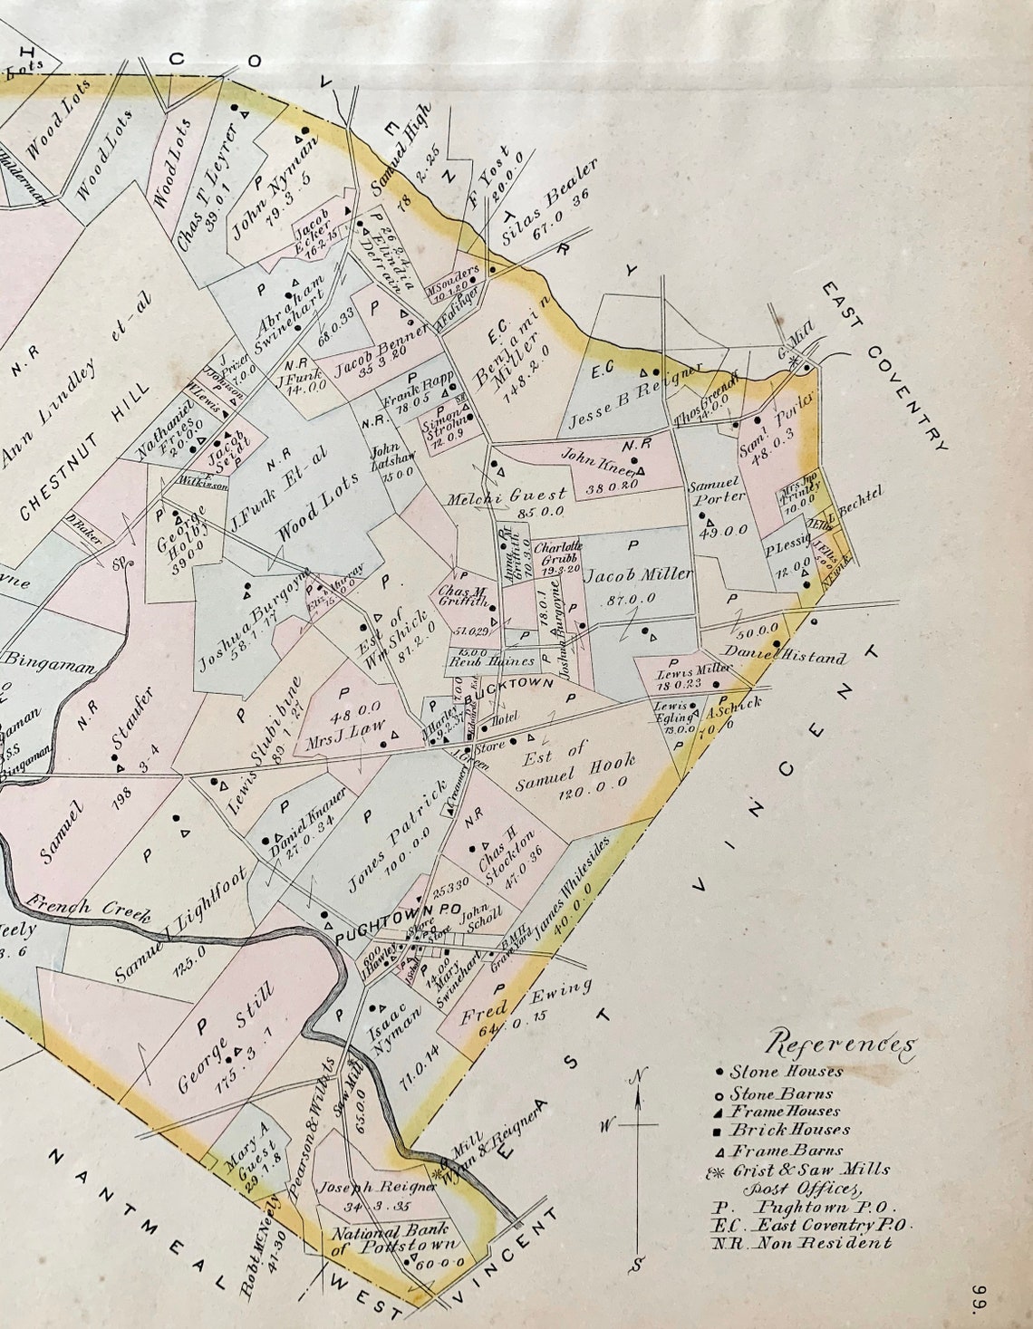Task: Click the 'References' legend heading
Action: tap(841, 1044)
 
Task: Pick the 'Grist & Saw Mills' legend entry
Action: tap(803, 1170)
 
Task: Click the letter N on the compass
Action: tap(640, 1075)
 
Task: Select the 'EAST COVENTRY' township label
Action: tap(885, 365)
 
